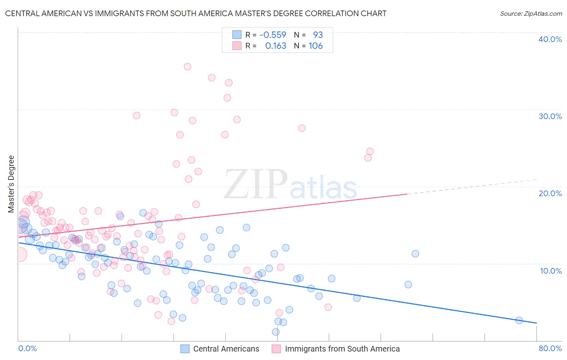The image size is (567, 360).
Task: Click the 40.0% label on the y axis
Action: point(550,39)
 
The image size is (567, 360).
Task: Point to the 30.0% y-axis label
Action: point(550,116)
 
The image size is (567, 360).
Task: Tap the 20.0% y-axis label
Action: point(550,193)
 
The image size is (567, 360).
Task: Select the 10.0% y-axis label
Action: point(551,271)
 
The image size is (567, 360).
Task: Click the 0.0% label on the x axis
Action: point(27,348)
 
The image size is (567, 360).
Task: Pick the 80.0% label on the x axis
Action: point(550,348)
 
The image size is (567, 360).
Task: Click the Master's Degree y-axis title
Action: point(11,184)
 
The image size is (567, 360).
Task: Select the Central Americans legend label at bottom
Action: point(226,349)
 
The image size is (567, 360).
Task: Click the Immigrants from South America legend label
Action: point(342,349)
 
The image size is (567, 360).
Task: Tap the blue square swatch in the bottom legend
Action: point(185,349)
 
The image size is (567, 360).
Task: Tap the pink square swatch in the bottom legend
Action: point(276,349)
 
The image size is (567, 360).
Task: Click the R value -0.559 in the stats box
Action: point(273,35)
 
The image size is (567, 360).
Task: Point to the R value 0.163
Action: point(276,46)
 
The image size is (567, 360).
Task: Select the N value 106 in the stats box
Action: point(316,46)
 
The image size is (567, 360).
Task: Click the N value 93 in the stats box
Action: point(318,35)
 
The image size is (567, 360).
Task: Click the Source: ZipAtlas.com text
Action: point(531,14)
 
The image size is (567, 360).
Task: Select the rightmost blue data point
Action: point(519,320)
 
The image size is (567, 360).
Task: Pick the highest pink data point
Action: point(188,67)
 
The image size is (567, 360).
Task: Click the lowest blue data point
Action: point(276,332)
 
